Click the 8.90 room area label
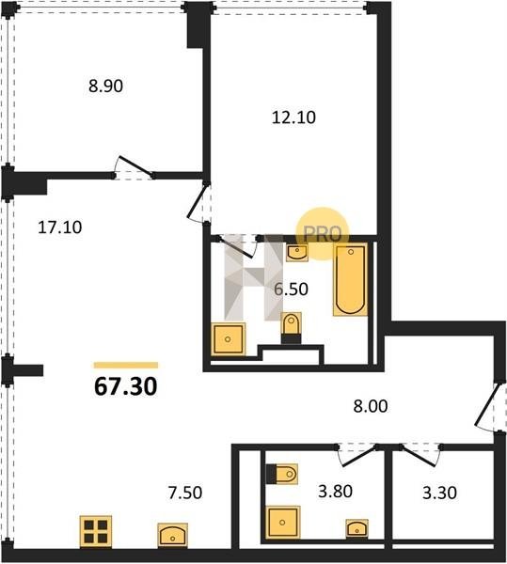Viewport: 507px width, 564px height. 105,86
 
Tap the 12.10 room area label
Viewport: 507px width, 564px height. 293,117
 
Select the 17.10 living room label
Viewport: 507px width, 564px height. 60,227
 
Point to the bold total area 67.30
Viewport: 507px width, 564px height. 126,386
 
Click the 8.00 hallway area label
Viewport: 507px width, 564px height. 371,406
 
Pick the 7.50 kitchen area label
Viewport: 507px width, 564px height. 185,493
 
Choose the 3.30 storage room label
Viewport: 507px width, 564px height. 439,493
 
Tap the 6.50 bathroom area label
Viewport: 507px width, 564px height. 291,289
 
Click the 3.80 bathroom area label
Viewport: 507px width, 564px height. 335,491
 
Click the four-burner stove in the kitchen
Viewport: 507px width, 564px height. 96,532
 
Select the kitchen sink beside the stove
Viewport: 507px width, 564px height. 173,535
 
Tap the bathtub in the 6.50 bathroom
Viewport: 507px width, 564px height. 351,280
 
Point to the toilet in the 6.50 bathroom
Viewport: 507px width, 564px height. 291,327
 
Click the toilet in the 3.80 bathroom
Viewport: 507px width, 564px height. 282,475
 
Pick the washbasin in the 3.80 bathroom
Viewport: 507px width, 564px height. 356,528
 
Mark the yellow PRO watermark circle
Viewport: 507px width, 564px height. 323,233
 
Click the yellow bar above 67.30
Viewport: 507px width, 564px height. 126,366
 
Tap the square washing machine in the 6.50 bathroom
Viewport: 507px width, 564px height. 229,338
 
